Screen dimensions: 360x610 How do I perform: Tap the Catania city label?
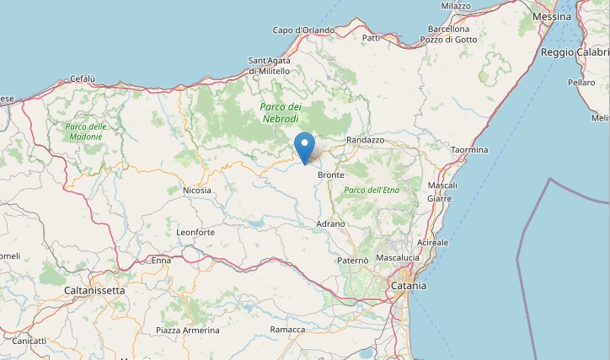coord(409,286)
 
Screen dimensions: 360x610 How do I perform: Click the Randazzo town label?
coord(365,140)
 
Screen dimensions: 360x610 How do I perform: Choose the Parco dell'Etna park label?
coord(372,191)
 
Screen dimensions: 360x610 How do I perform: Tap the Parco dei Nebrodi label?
coord(281,113)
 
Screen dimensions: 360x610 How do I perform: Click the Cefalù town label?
coord(83,79)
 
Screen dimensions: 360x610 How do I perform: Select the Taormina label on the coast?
coord(469,150)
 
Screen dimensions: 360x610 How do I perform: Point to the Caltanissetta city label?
coord(94,290)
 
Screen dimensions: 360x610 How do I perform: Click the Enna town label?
coord(160,261)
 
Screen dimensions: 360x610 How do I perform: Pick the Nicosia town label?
coord(196,191)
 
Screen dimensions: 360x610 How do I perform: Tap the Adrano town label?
coord(330,223)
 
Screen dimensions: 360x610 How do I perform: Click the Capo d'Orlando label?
coord(303,30)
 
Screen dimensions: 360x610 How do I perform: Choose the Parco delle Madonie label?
coord(86,132)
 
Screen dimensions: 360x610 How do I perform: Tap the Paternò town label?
coord(352,261)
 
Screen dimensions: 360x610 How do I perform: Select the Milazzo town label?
coord(455,5)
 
